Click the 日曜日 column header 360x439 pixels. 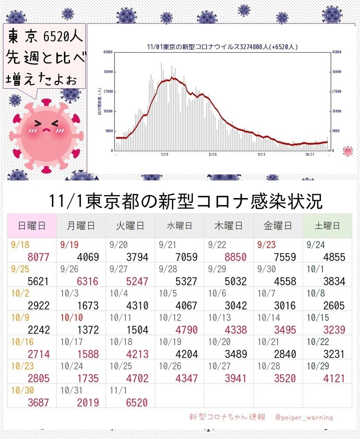point(32,226)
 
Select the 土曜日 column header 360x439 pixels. point(327,226)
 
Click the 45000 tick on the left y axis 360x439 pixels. point(108,52)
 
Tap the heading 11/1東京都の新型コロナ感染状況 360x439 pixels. point(186,201)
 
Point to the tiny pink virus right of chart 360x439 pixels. point(348,150)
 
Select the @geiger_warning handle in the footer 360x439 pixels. point(304,417)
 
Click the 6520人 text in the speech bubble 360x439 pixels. point(64,37)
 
